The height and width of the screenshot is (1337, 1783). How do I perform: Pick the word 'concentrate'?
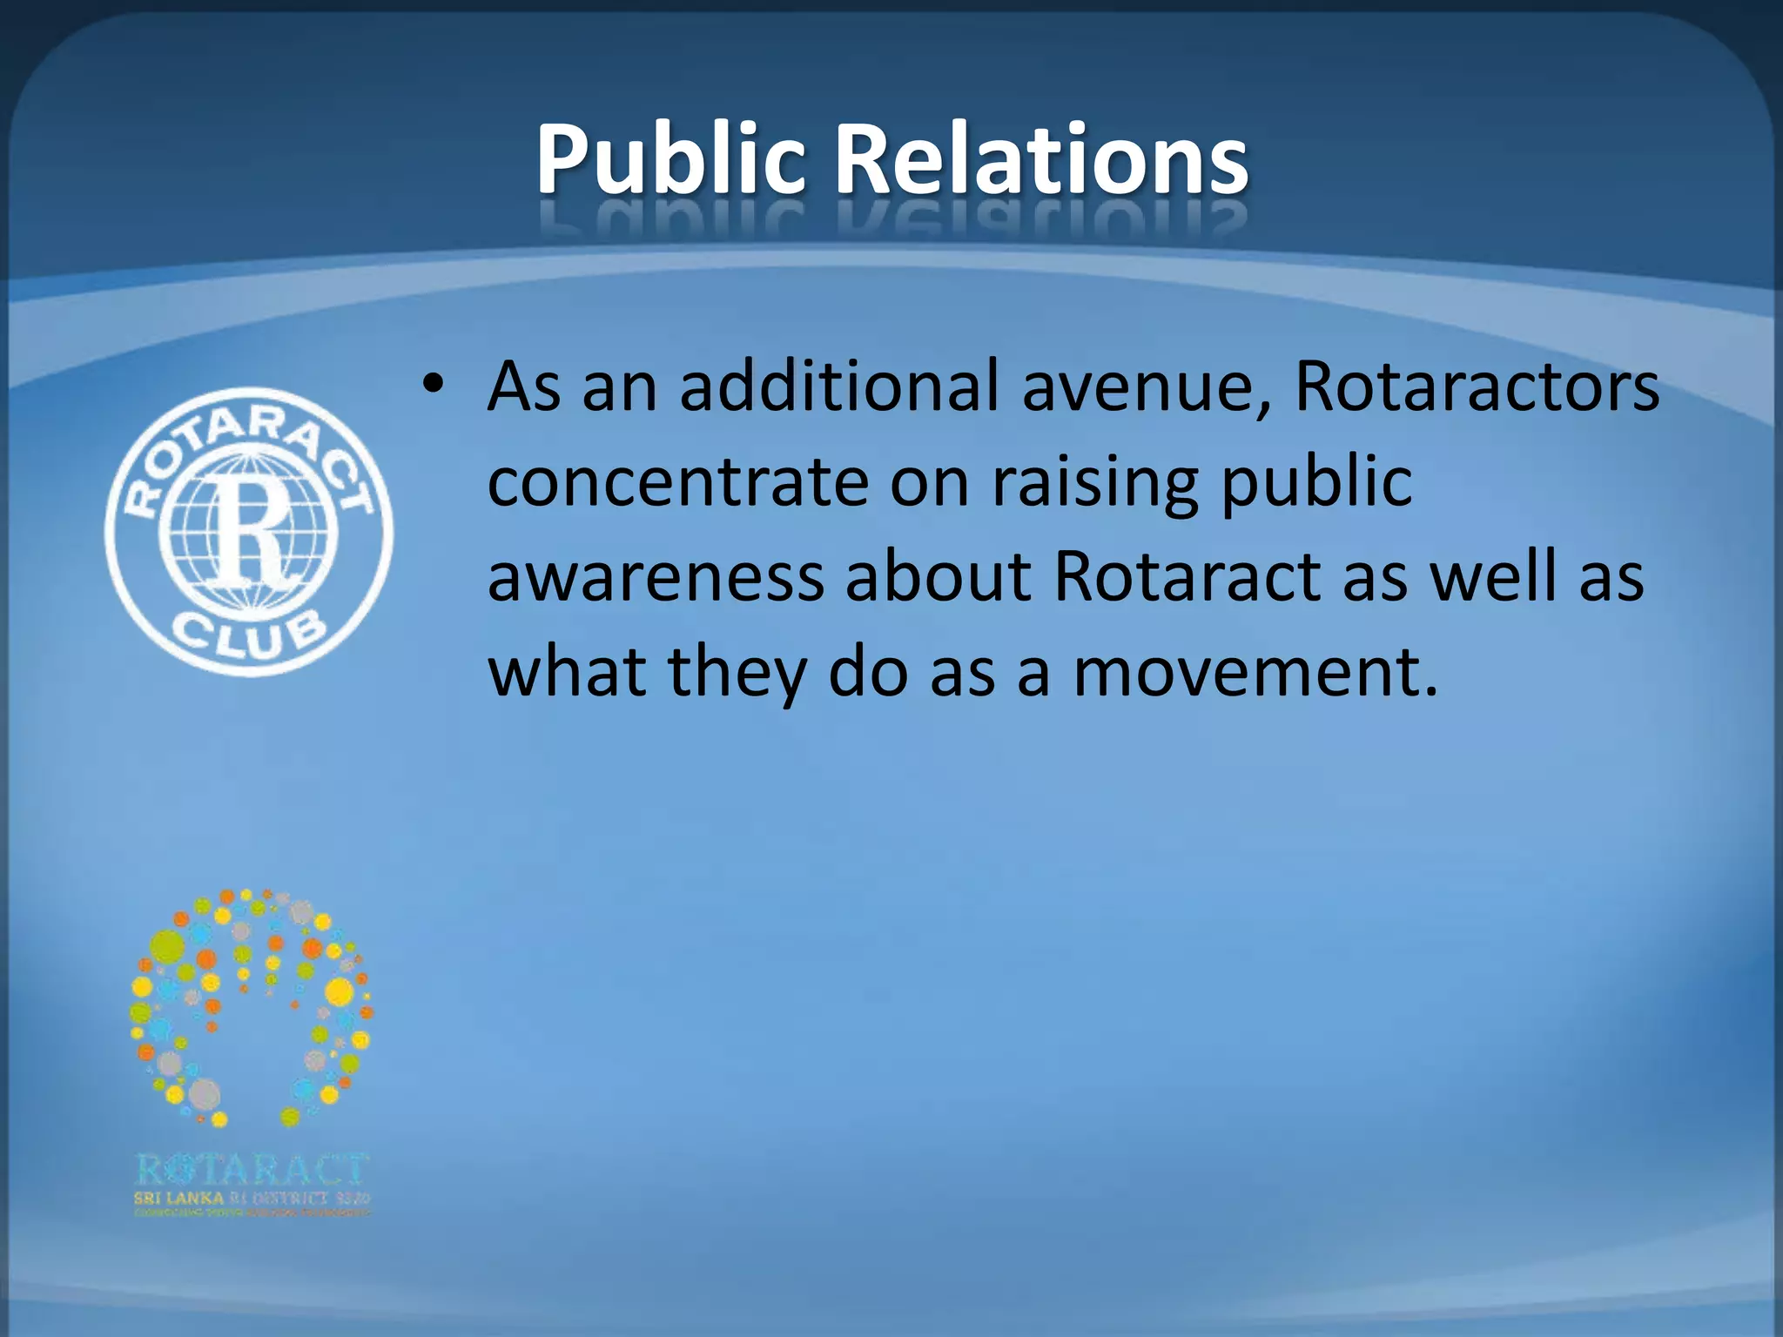click(677, 482)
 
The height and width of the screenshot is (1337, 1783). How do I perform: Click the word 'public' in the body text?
click(1316, 482)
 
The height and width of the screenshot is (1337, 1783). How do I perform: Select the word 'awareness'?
click(656, 578)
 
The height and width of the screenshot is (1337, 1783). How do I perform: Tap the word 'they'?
click(737, 674)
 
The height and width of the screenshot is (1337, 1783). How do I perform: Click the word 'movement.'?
click(1255, 674)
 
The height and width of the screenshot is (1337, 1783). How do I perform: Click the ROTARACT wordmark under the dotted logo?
click(252, 1170)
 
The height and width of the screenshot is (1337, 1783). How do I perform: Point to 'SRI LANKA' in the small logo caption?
click(178, 1199)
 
